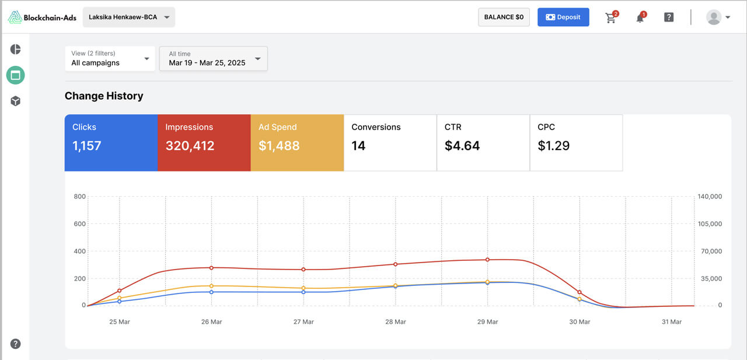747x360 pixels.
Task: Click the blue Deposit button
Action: tap(563, 17)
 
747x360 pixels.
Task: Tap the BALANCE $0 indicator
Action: tap(504, 17)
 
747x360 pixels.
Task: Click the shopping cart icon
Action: tap(611, 17)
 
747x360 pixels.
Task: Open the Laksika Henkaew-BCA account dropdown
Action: tap(129, 17)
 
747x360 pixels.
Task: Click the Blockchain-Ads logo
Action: tap(42, 18)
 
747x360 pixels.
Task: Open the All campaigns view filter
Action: tap(110, 58)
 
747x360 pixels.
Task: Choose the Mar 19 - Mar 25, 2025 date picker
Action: tap(214, 58)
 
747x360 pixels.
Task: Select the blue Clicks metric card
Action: tap(111, 143)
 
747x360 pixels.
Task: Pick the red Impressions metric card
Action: tap(204, 143)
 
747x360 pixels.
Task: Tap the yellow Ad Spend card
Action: tap(297, 143)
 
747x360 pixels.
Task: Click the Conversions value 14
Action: tap(358, 146)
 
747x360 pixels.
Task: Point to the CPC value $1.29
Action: tap(554, 146)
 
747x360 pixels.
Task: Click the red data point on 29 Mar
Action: tap(487, 260)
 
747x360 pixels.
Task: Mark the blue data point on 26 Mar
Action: tap(211, 292)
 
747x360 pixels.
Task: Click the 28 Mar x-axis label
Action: tap(396, 321)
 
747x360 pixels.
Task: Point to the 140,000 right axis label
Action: tap(710, 196)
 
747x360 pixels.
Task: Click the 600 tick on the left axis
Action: tap(80, 223)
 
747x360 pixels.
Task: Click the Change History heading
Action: tap(104, 96)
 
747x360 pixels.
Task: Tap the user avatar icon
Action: tap(714, 17)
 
